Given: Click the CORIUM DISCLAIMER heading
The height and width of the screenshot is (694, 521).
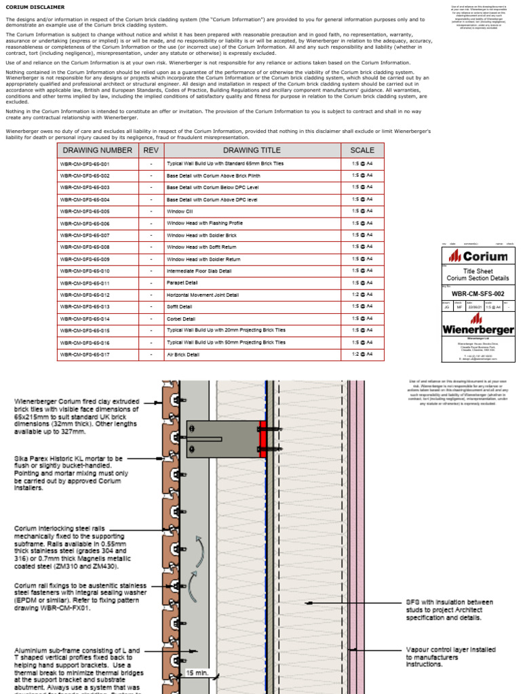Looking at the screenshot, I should (x=35, y=7).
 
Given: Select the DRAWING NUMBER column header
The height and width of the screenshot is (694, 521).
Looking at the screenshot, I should (x=98, y=150).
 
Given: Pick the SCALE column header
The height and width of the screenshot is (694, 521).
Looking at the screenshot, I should (x=362, y=150).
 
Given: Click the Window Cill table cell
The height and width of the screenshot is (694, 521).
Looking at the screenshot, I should (x=180, y=211).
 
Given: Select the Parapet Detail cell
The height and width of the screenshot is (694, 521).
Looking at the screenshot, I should (x=182, y=283).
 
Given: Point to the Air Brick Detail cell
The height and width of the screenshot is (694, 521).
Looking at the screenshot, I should (x=183, y=354).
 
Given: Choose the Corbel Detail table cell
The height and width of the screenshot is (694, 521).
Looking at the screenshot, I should (x=181, y=319).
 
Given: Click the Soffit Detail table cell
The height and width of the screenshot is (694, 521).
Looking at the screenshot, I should (x=180, y=307).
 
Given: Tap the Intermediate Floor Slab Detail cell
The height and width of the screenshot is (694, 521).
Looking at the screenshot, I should (x=199, y=271).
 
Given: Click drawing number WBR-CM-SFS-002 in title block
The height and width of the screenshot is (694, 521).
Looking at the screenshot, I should (x=478, y=293).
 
